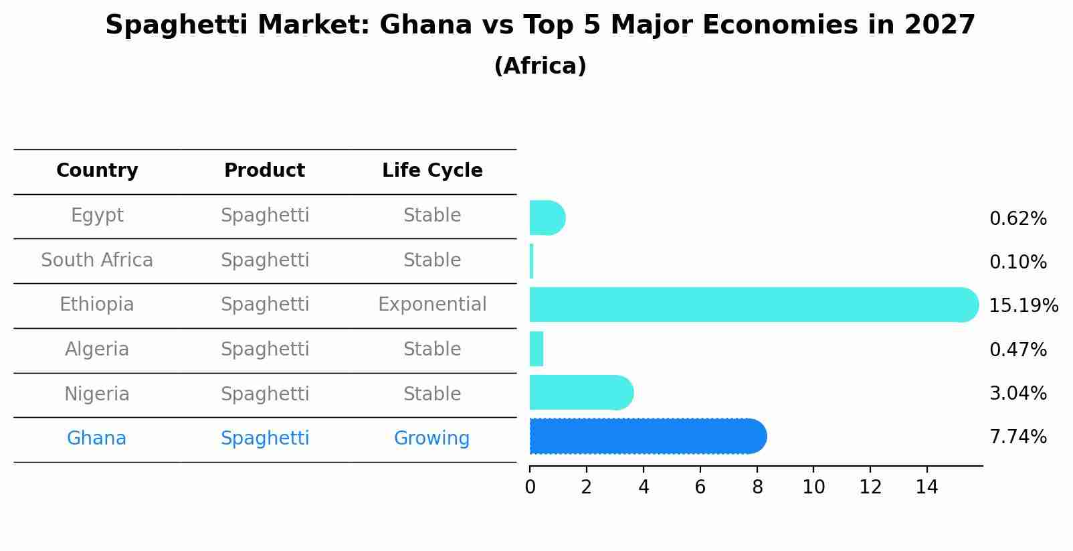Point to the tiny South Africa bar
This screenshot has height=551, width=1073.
tap(532, 261)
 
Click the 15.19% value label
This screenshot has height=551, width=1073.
tap(1023, 306)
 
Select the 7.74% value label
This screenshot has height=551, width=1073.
tap(1017, 437)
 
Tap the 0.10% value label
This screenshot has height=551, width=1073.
tap(1017, 262)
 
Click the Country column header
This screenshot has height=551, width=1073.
tap(97, 171)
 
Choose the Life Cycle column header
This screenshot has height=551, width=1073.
tap(432, 171)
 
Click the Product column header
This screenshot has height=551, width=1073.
tap(264, 171)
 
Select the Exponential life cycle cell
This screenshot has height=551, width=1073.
tap(432, 305)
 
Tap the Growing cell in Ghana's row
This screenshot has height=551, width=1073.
tap(431, 439)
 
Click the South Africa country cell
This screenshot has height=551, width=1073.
tap(97, 260)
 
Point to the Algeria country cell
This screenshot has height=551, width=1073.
tap(97, 349)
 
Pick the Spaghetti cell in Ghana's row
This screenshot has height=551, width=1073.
tap(264, 439)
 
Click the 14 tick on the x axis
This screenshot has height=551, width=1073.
tap(927, 487)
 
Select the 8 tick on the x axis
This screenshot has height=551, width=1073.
tap(757, 487)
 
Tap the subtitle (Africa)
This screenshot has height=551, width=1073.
tap(540, 66)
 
